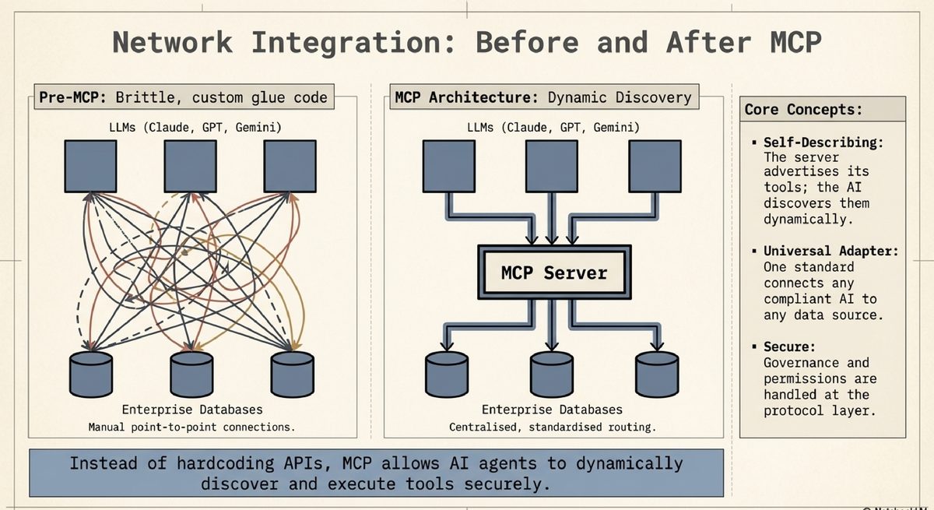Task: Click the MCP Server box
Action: coord(553,273)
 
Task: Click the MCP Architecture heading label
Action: coord(543,97)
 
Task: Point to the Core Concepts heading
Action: coord(803,109)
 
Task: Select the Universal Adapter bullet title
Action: coord(830,251)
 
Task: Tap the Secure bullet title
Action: coord(788,346)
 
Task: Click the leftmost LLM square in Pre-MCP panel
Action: coord(90,167)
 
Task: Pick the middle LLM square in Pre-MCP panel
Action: coord(190,167)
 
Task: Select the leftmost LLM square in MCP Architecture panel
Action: coord(448,167)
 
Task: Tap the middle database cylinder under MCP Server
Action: coord(552,374)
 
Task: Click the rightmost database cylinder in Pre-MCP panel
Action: coord(293,374)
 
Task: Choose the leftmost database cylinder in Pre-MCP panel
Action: coord(91,374)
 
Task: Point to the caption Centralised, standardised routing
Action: coord(553,427)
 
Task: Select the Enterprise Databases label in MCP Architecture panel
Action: coord(552,409)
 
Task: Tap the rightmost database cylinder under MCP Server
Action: coord(657,374)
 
